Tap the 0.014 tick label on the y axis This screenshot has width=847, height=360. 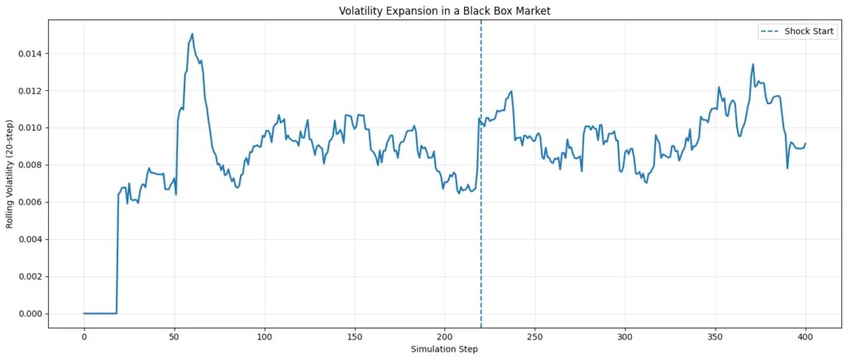coord(29,54)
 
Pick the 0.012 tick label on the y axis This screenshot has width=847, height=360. coord(29,91)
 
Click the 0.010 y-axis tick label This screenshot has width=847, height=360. coord(29,128)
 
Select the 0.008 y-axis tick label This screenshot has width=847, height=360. coord(29,166)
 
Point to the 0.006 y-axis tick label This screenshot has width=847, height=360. coord(29,203)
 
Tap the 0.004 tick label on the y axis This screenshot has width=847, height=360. coord(29,239)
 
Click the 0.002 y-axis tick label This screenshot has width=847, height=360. coord(29,276)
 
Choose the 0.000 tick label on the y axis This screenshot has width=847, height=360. coord(29,314)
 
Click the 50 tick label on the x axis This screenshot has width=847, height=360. coord(174,335)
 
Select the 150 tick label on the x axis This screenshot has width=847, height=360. coord(355,335)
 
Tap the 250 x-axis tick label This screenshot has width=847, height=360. coord(535,335)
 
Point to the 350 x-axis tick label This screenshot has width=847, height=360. coord(715,335)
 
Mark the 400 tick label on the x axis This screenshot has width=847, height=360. coord(806,335)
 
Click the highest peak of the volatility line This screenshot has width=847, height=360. coord(192,34)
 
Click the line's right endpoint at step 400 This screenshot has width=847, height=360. coord(806,143)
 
